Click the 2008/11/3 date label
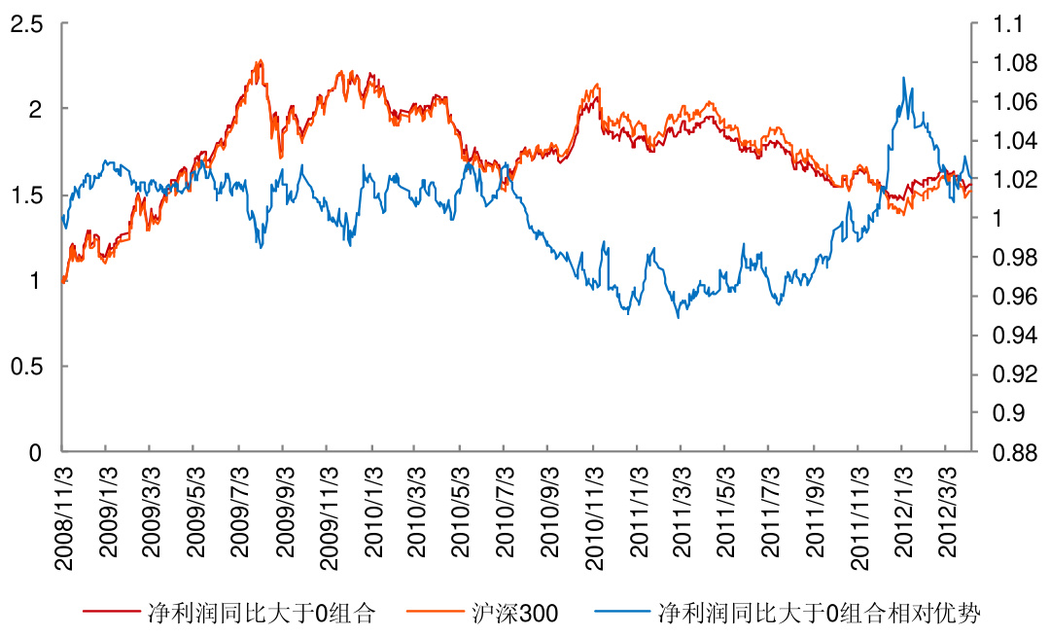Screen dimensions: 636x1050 click(62, 510)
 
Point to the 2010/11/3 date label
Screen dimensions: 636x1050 click(592, 510)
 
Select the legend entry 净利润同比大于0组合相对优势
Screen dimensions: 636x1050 click(820, 614)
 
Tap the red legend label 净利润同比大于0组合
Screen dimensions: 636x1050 click(261, 614)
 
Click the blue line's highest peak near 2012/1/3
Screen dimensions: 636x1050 click(904, 78)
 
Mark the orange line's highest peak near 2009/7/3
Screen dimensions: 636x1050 click(259, 60)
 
